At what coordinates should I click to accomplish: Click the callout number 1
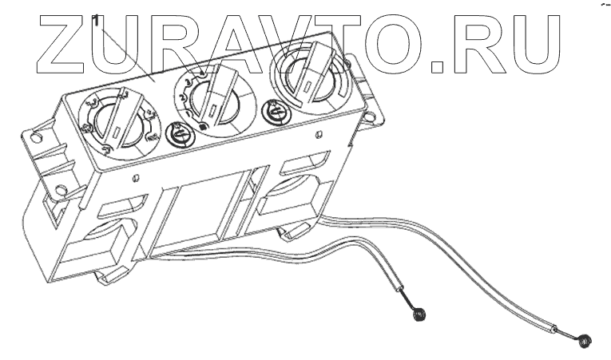pyautogui.click(x=95, y=18)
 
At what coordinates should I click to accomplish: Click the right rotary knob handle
pyautogui.click(x=307, y=76)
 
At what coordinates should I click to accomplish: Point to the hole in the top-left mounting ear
pyautogui.click(x=36, y=136)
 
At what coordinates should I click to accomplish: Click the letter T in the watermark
pyautogui.click(x=336, y=40)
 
